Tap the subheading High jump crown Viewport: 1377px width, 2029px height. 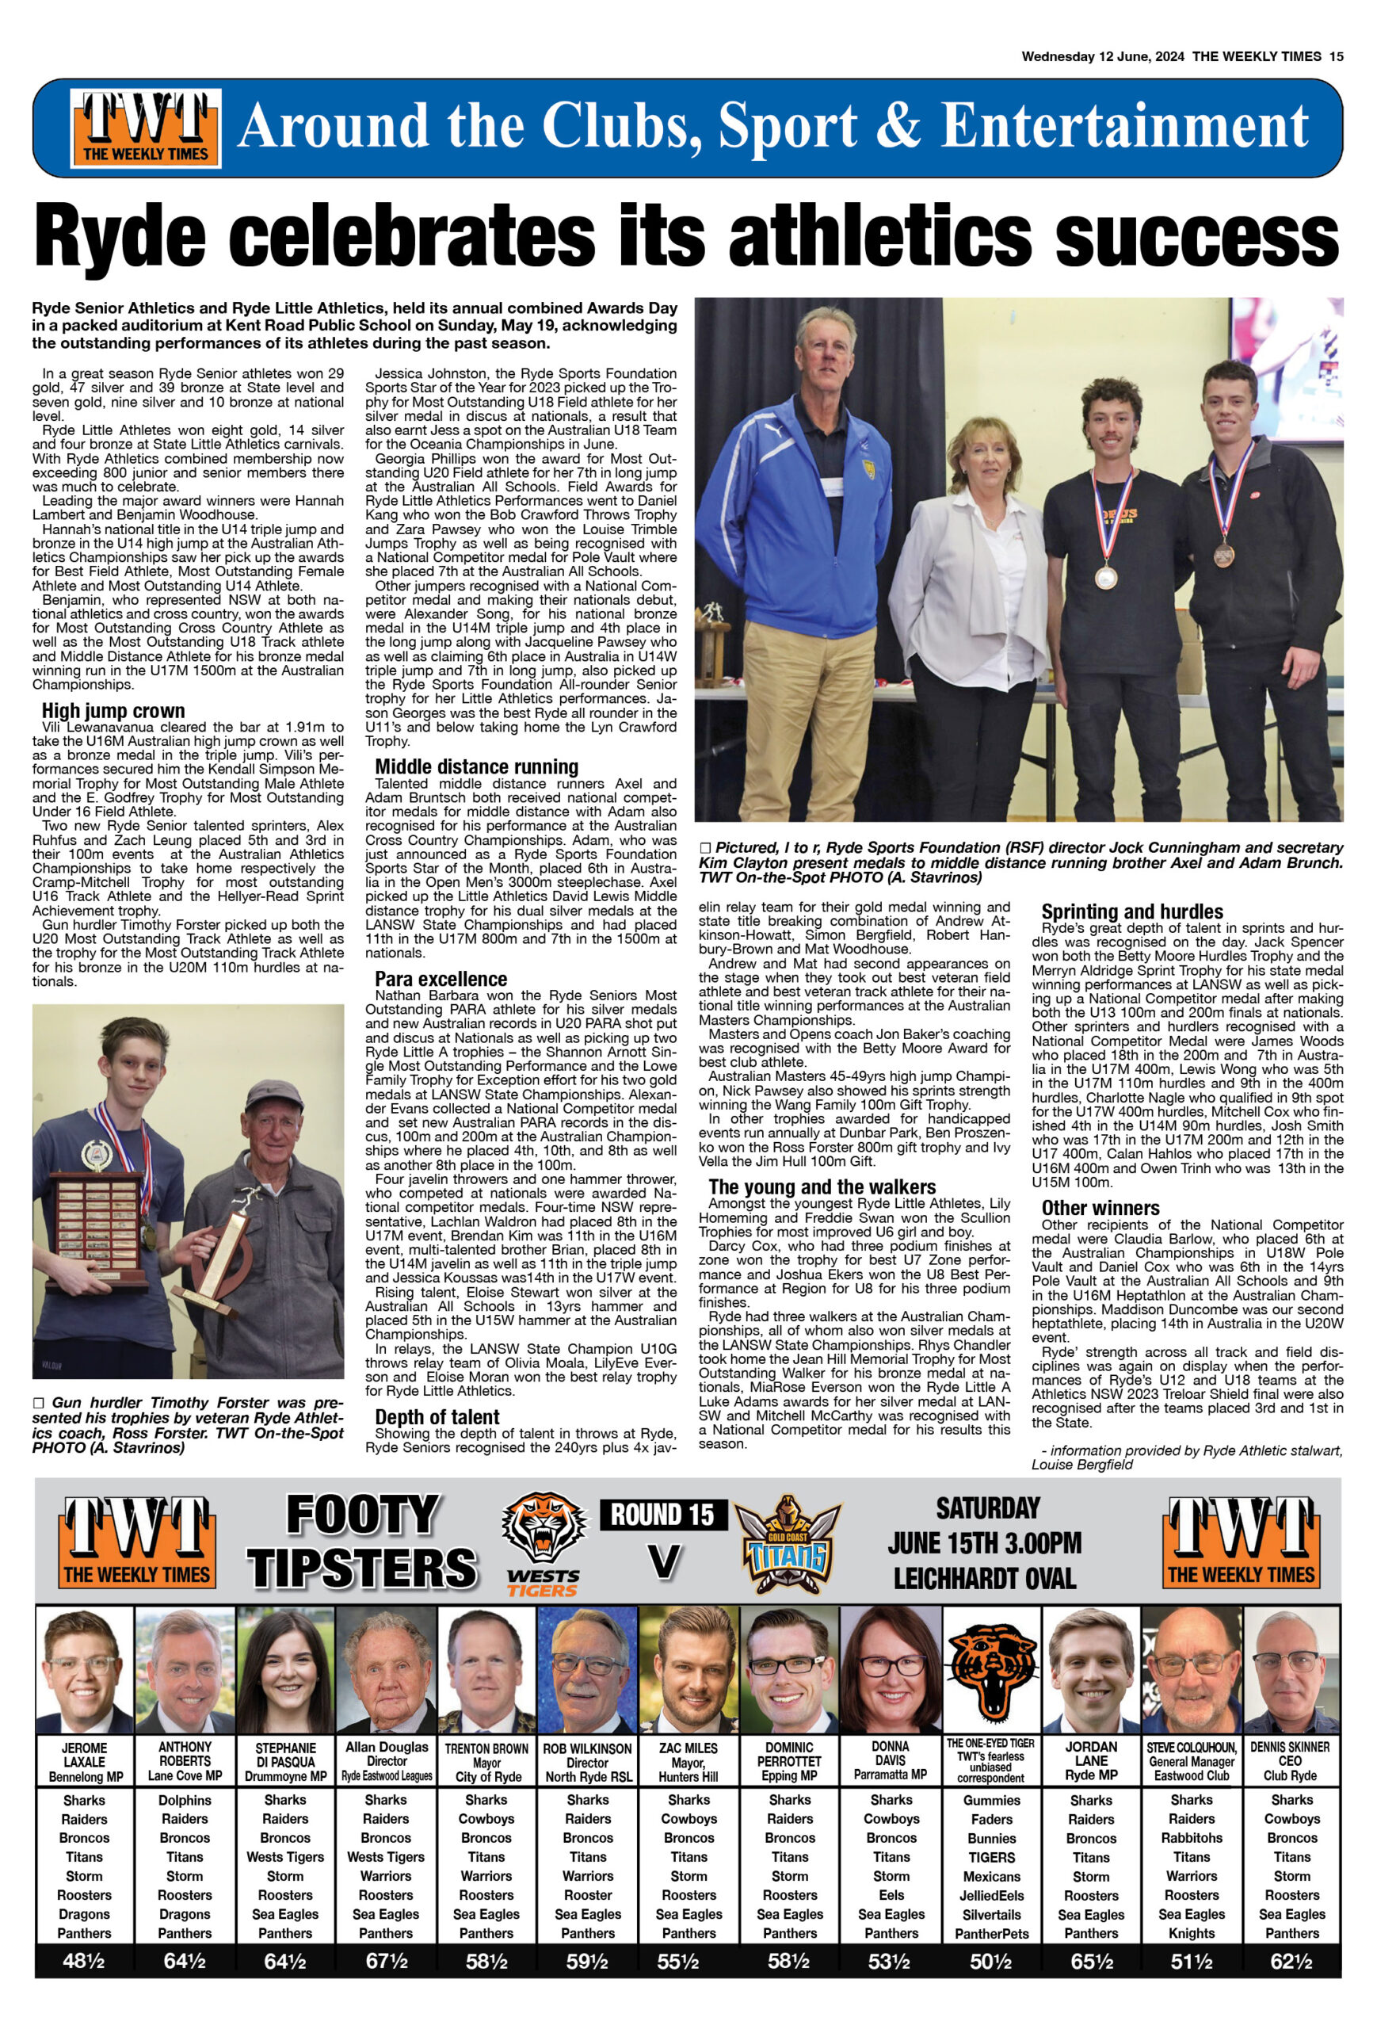(113, 710)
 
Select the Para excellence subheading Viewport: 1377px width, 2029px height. (441, 979)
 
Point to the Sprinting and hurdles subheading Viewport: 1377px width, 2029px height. (1132, 911)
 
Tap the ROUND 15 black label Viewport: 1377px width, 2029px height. (663, 1514)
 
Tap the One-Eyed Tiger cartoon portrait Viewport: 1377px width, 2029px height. (991, 1669)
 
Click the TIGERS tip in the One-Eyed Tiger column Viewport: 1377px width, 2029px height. (991, 1857)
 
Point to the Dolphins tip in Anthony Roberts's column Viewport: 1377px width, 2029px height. (185, 1800)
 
